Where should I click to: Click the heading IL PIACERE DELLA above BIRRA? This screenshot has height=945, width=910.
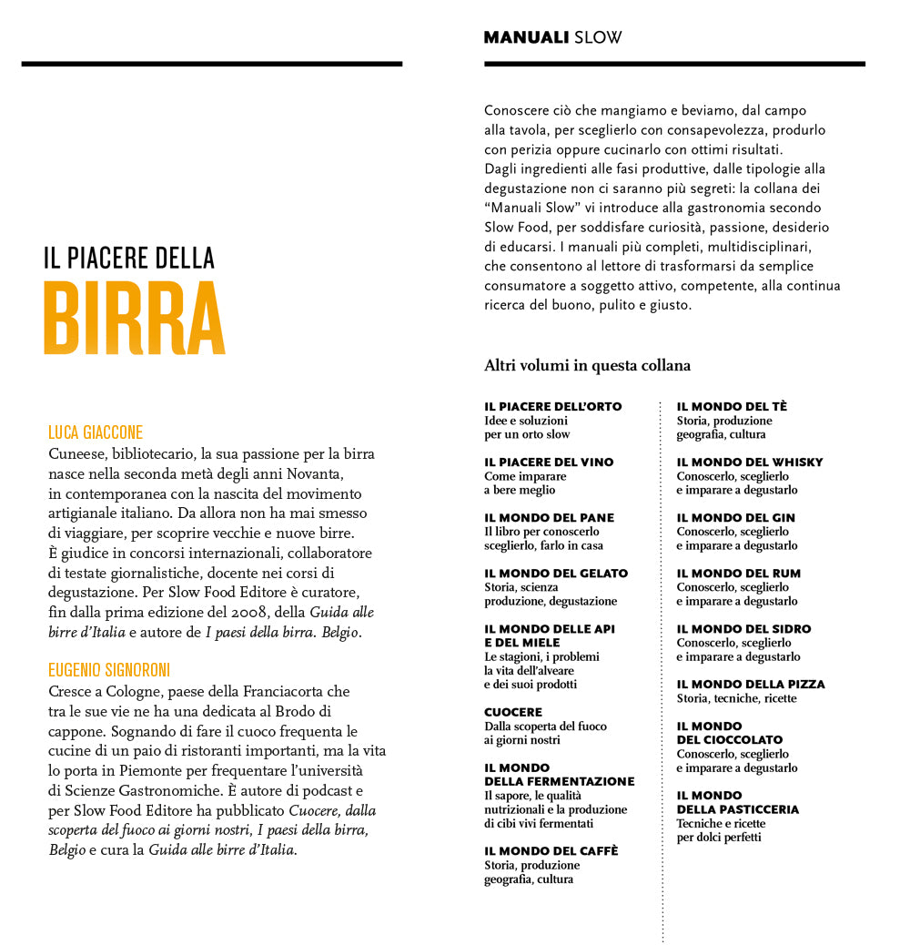(x=129, y=259)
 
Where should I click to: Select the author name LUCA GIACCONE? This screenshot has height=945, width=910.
(x=96, y=432)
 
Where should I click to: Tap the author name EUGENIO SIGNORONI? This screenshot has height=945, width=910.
(x=109, y=670)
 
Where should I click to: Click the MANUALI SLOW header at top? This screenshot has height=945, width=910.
(x=552, y=38)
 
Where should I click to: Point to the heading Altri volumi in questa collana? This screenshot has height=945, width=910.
(x=587, y=366)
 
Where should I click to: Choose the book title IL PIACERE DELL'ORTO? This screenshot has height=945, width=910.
(x=552, y=407)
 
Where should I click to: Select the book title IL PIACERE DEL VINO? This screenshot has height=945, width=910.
(x=549, y=462)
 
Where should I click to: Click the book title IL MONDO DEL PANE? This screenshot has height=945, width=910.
(x=549, y=518)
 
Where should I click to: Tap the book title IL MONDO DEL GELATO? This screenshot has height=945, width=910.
(x=556, y=574)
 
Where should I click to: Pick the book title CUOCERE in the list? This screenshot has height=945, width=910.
(x=513, y=712)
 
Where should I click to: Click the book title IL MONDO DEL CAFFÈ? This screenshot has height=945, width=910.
(x=551, y=851)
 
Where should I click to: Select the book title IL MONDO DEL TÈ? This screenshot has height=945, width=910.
(x=732, y=407)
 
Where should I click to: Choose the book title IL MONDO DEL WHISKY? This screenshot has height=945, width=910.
(x=749, y=462)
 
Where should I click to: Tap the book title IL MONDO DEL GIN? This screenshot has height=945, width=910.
(x=735, y=518)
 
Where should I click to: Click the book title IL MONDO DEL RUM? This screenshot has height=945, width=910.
(x=736, y=574)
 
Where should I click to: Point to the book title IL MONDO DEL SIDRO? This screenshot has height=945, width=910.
(x=743, y=629)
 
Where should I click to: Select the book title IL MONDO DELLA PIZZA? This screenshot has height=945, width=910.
(x=750, y=685)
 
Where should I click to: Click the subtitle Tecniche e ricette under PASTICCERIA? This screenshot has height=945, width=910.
(x=721, y=824)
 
